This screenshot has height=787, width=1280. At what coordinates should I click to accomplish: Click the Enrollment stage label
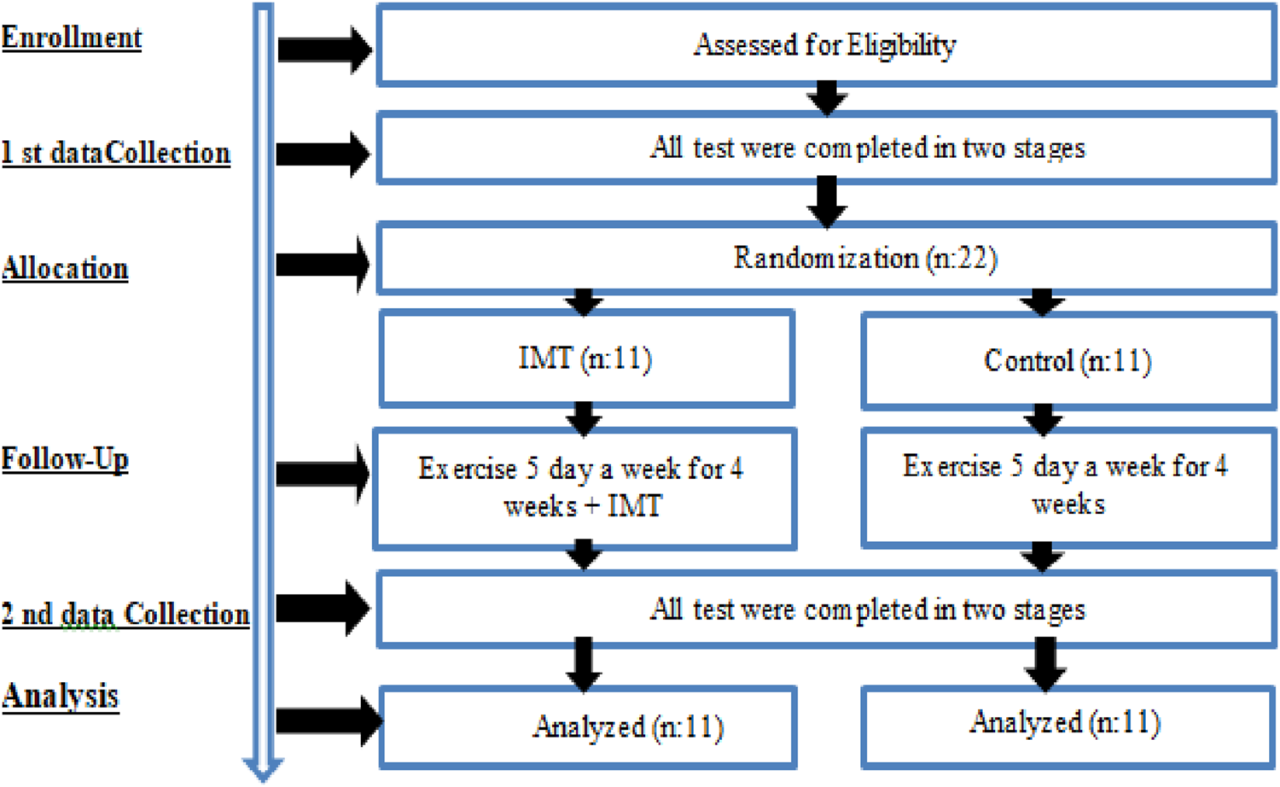72,38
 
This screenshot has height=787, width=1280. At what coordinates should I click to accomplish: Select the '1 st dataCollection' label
116,154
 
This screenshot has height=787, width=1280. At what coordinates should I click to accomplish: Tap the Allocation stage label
65,269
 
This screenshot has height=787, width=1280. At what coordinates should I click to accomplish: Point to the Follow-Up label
65,459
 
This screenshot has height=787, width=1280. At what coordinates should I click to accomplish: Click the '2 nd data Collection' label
125,615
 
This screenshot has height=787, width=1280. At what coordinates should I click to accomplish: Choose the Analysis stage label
60,697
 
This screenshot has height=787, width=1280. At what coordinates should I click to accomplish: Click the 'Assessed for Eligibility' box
825,45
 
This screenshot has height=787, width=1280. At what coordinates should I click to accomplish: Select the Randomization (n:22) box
825,259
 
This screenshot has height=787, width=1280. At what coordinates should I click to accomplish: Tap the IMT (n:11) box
586,359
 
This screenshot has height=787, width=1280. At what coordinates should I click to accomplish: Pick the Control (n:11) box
1068,361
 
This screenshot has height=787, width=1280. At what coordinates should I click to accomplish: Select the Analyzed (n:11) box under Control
1068,724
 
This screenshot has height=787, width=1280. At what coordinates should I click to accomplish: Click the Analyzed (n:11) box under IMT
589,727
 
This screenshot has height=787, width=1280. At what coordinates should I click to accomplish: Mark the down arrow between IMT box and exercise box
585,418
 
